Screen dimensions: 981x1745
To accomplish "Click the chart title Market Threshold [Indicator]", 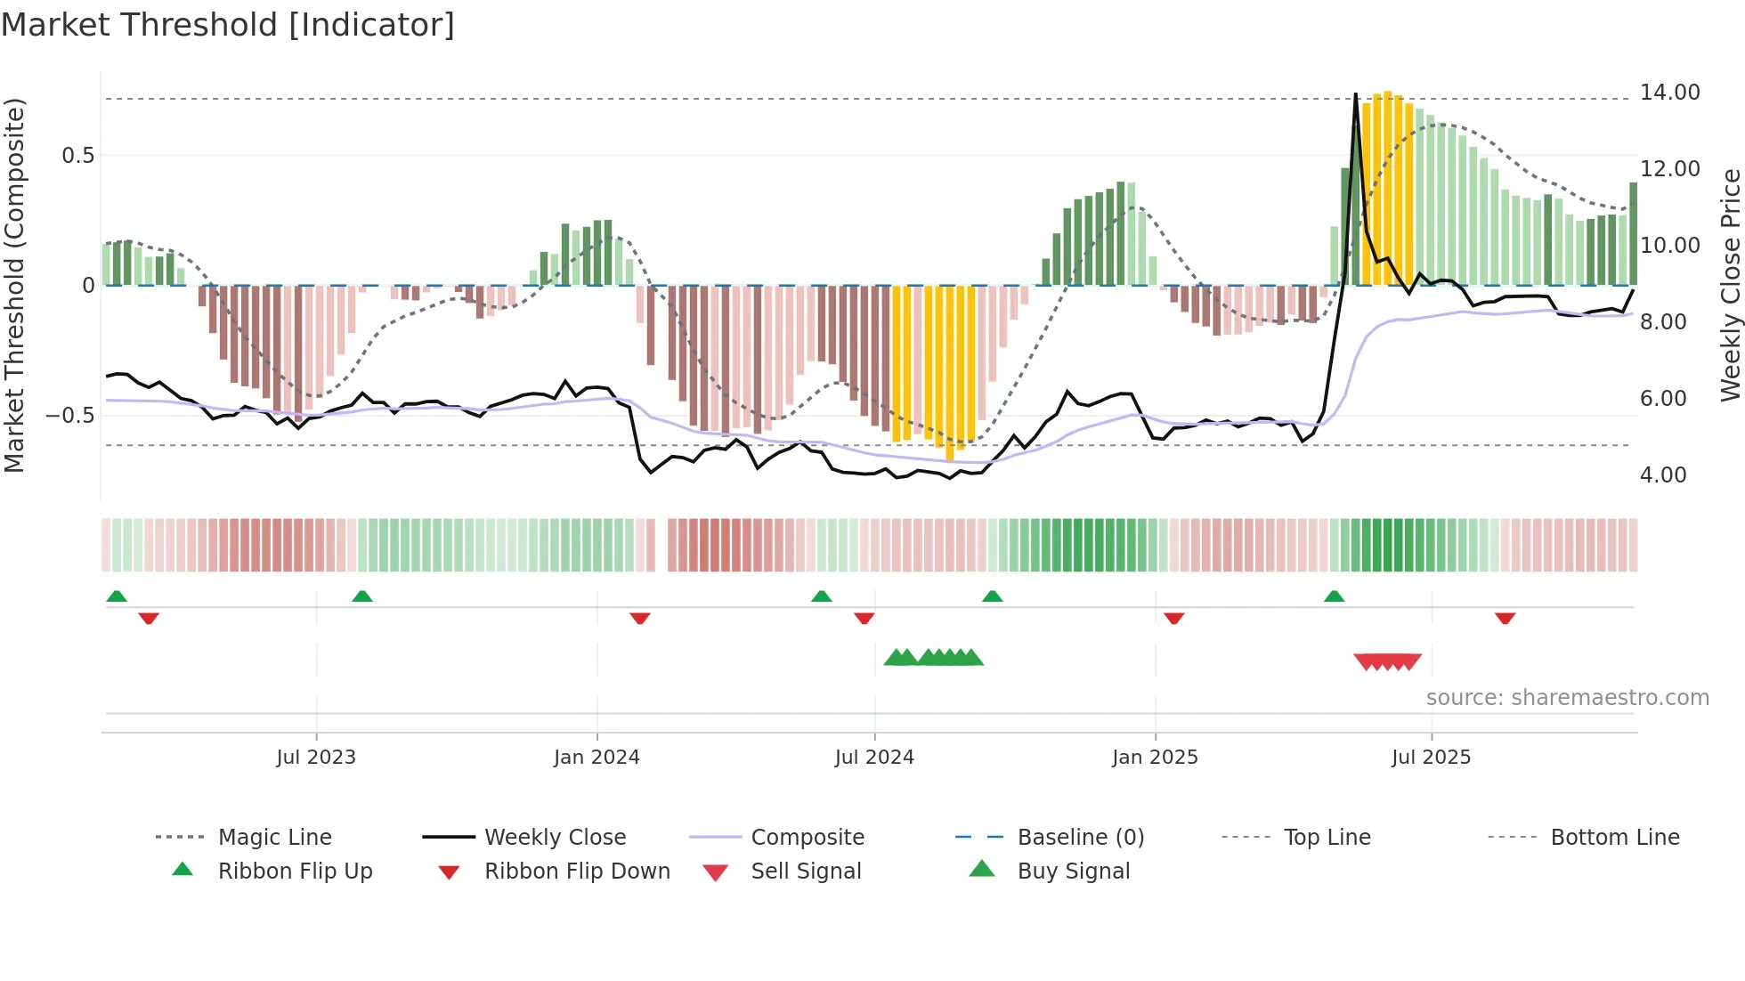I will [228, 25].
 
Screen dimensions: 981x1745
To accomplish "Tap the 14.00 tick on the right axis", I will [1669, 93].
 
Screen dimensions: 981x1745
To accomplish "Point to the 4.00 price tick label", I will [1662, 475].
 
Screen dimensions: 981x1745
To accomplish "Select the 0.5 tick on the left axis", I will [77, 156].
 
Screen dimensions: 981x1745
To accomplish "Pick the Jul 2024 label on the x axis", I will [873, 758].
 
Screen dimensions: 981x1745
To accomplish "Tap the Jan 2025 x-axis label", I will [1154, 758].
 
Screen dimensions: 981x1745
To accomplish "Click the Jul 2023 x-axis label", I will [315, 758].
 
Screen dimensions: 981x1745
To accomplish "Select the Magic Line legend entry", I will [274, 838].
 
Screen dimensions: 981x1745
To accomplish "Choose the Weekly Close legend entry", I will [555, 838].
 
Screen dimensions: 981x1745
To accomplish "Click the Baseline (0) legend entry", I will [1080, 838].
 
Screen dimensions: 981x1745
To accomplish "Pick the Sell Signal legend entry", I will [806, 872].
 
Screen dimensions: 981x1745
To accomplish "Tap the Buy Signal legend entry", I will [1073, 872].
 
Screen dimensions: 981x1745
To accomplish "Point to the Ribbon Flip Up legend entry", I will [295, 872].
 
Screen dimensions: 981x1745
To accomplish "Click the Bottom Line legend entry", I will [1614, 838].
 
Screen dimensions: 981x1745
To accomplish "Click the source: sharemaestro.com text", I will [1567, 698].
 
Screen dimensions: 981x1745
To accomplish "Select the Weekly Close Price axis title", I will [1730, 285].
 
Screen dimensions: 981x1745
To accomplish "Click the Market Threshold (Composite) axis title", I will [14, 285].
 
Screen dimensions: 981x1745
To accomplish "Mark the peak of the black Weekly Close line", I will [1355, 94].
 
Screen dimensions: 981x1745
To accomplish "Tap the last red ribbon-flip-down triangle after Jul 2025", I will [1505, 618].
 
